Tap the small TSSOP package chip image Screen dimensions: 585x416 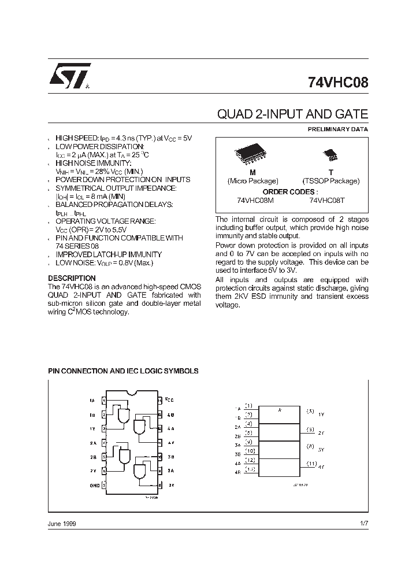(330, 154)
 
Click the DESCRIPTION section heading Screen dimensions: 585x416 (72, 278)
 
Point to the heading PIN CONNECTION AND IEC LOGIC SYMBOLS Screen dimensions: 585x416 (123, 371)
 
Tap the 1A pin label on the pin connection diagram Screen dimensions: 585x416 (92, 400)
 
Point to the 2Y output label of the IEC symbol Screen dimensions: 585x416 (321, 432)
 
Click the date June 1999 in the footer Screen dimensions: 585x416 (61, 523)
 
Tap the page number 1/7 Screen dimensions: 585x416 (363, 523)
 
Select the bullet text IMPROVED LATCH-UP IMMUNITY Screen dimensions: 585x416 (109, 254)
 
